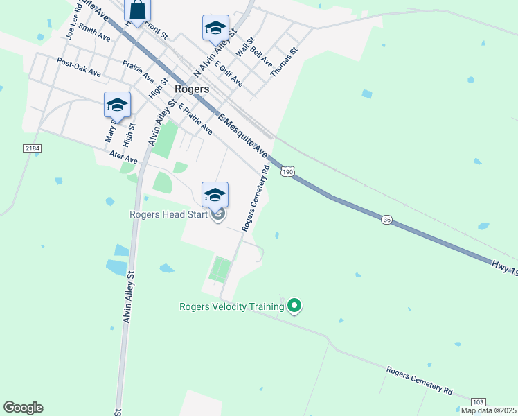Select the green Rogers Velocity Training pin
point(294,305)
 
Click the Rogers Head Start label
point(169,214)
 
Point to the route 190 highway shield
point(288,171)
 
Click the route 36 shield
point(387,219)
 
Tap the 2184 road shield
point(32,149)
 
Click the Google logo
point(23,408)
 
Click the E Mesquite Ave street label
point(242,135)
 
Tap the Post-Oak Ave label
point(79,68)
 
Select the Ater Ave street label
point(104,159)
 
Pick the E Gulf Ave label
point(229,73)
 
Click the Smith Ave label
point(94,32)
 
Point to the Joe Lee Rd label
point(71,24)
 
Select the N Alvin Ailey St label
point(215,53)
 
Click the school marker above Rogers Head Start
point(215,194)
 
